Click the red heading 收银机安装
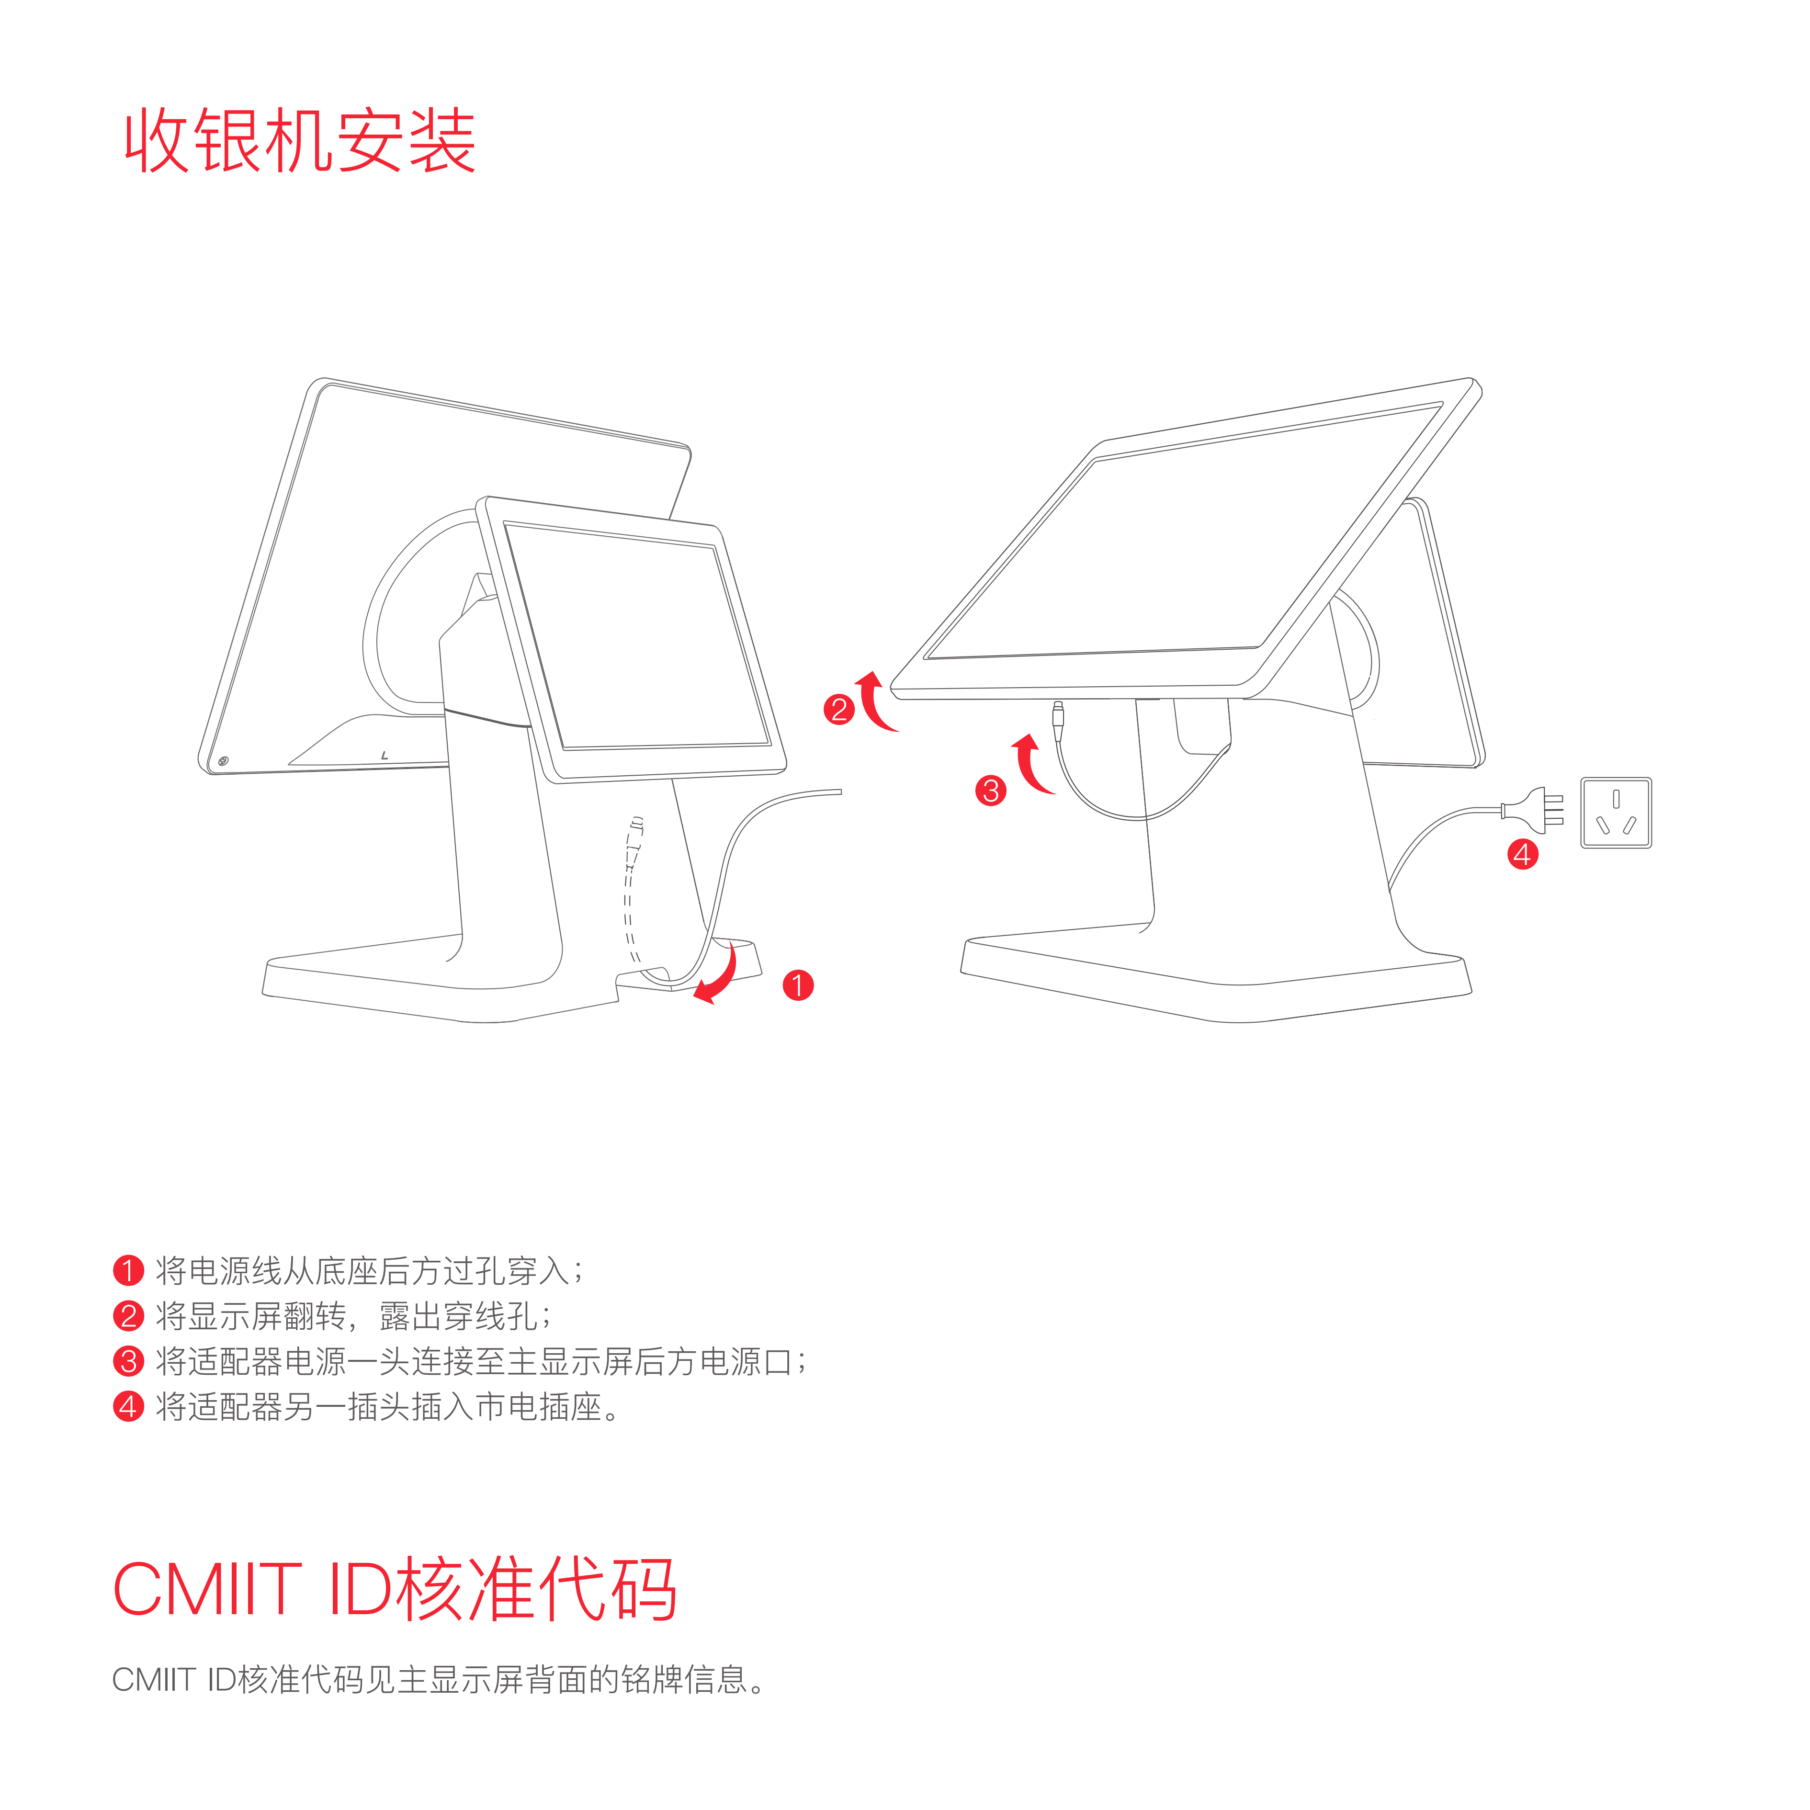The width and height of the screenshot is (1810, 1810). [300, 140]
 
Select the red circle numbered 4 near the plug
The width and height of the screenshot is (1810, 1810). [1522, 854]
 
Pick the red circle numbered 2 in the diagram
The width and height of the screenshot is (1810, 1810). [838, 709]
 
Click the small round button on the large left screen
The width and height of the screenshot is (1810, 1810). [223, 761]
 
